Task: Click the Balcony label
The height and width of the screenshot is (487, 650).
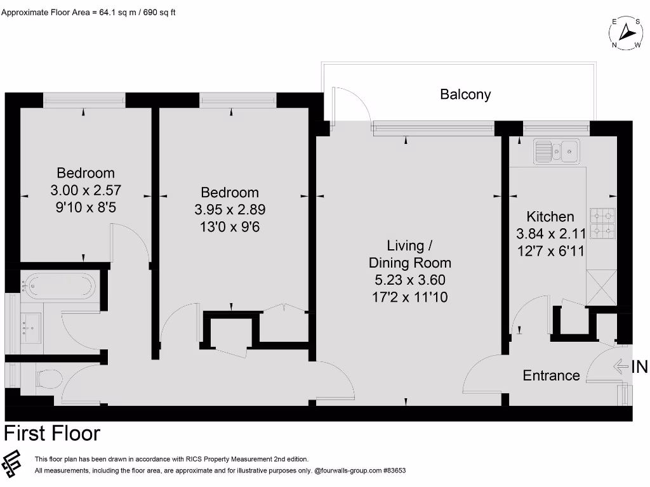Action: (465, 94)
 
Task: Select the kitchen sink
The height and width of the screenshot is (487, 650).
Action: (556, 151)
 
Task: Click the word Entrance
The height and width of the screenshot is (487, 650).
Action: (551, 375)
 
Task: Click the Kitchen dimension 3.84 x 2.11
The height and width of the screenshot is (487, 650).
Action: (550, 233)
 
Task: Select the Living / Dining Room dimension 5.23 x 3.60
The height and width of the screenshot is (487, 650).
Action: (409, 280)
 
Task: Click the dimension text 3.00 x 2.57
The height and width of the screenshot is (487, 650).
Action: (85, 190)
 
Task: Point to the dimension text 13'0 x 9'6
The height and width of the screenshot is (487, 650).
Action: (230, 226)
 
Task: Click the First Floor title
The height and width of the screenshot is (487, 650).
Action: (52, 434)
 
